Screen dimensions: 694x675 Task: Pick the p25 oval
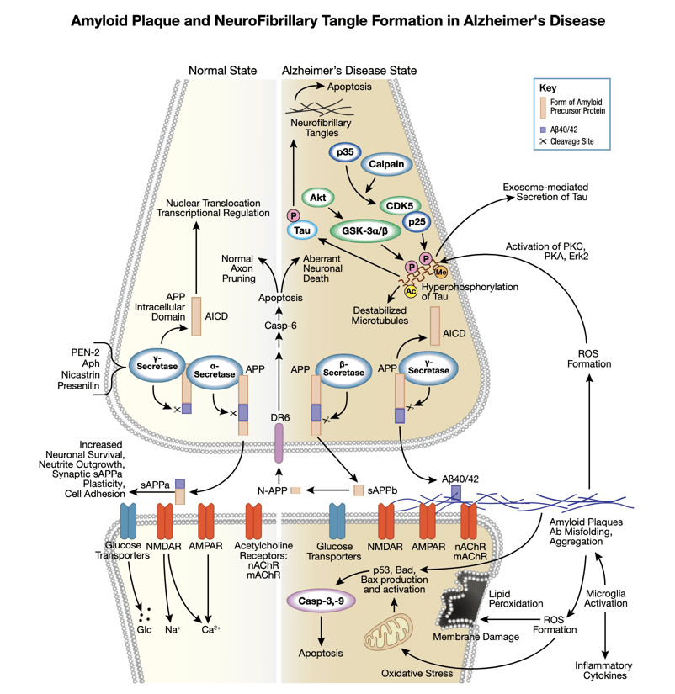point(421,224)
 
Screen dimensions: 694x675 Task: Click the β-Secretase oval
point(338,366)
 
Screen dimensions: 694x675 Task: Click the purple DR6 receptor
point(277,442)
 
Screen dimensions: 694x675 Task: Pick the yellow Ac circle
point(412,291)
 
